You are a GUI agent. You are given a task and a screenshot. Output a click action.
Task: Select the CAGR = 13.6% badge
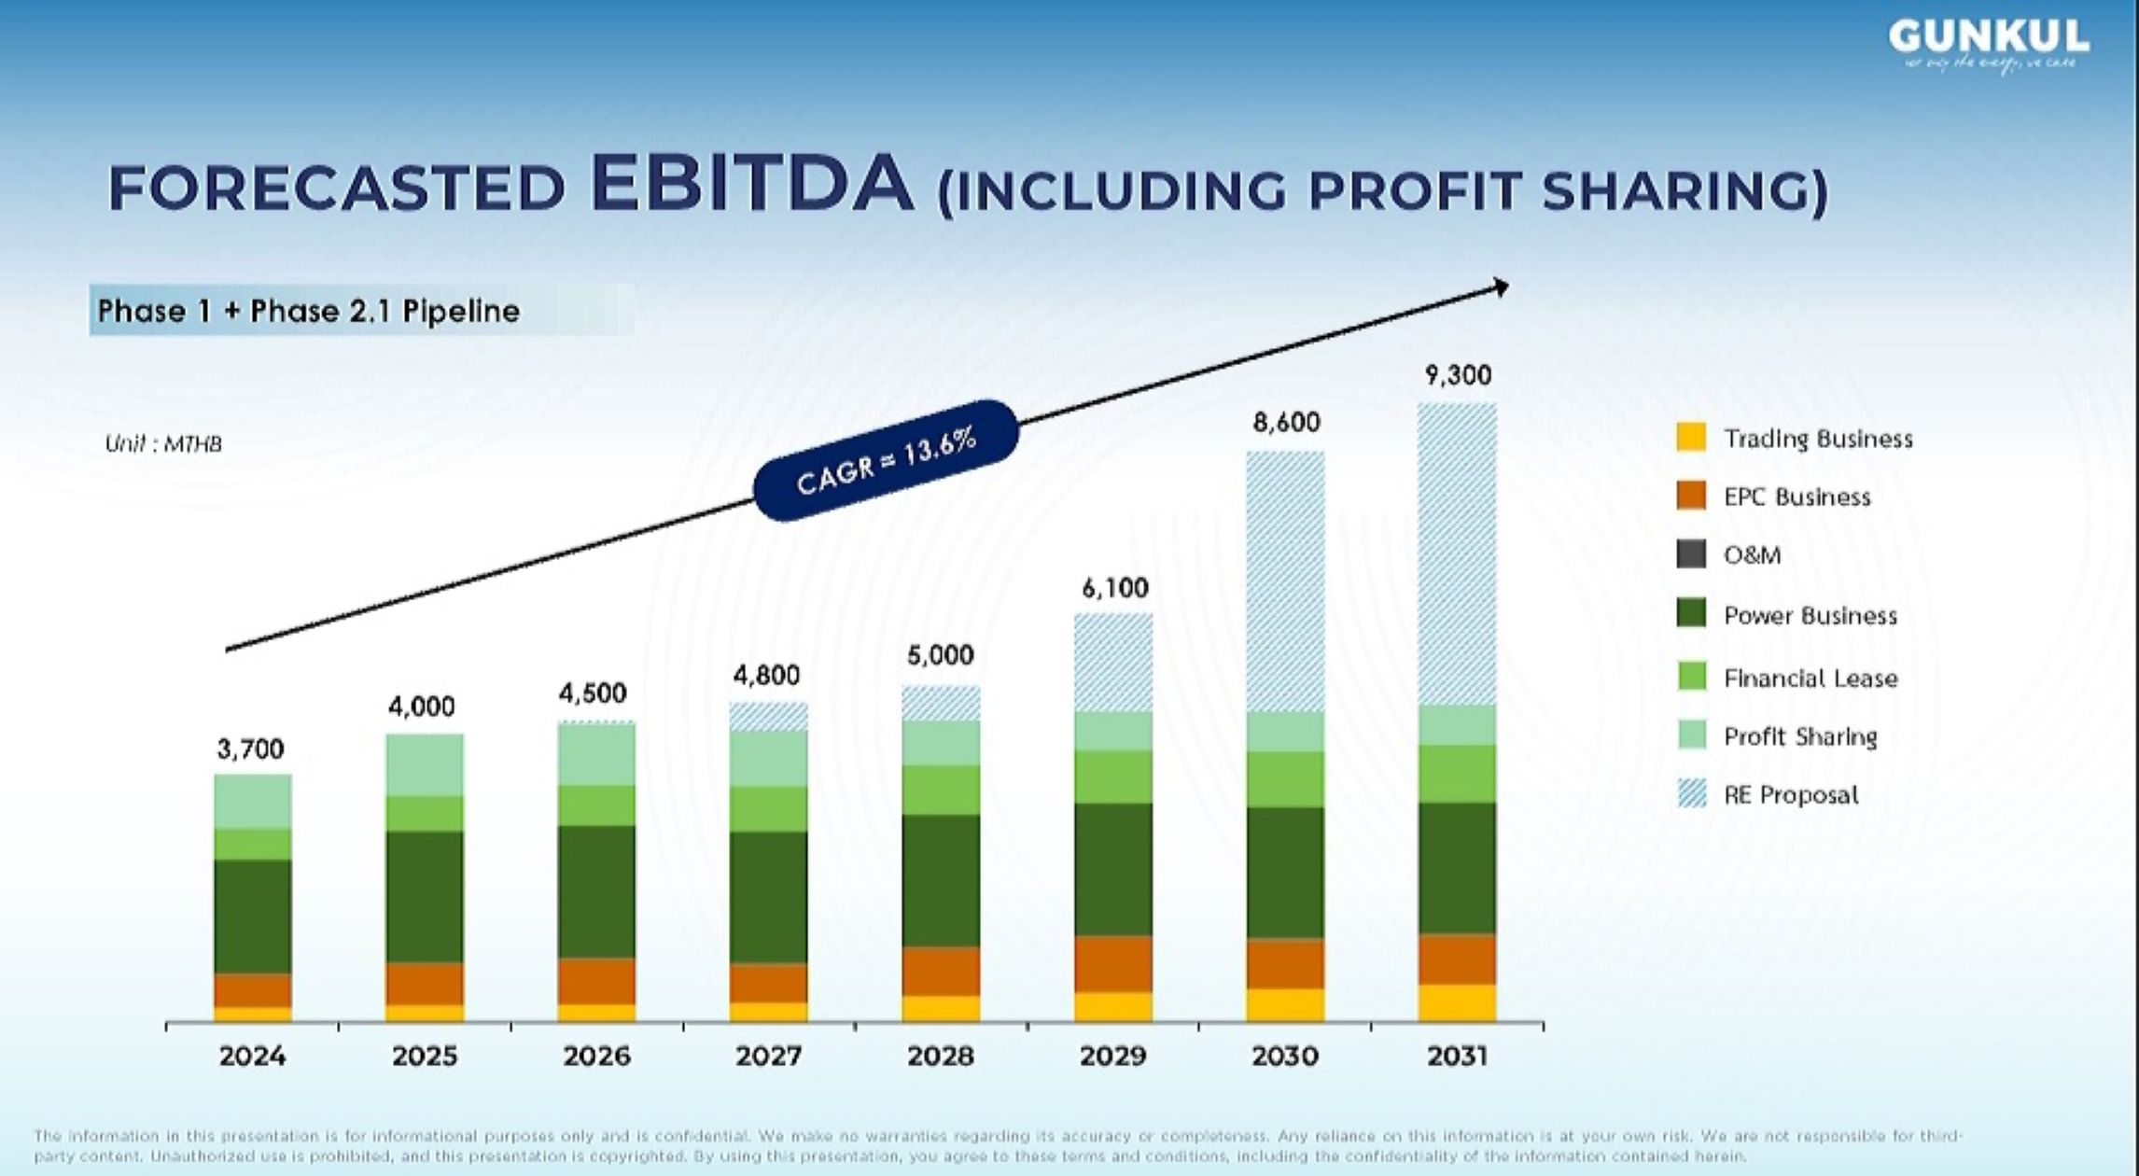[x=886, y=459]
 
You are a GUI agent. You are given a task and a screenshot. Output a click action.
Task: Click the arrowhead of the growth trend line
[x=1501, y=287]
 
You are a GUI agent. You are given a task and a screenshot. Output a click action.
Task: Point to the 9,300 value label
[x=1458, y=375]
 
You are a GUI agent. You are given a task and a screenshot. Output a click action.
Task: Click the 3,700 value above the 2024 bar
[x=250, y=749]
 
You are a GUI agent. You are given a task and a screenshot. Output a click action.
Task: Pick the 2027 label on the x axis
[x=769, y=1057]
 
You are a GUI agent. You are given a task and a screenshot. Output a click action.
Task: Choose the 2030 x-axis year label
[x=1285, y=1057]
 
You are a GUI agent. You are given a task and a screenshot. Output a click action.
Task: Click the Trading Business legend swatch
[x=1691, y=438]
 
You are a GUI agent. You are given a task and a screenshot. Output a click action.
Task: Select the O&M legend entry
[x=1752, y=555]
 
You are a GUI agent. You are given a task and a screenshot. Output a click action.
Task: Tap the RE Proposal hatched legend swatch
[x=1691, y=794]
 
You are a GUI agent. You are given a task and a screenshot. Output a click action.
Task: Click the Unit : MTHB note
[x=163, y=444]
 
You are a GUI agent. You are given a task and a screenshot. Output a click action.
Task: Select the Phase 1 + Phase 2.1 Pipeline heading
[x=309, y=311]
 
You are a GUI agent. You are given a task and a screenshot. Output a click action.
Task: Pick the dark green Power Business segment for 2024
[x=253, y=917]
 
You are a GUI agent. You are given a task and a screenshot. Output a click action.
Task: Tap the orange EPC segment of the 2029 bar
[x=1113, y=963]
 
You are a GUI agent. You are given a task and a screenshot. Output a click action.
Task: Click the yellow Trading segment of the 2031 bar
[x=1457, y=1002]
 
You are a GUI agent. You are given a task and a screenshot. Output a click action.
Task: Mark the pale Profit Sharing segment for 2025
[x=425, y=764]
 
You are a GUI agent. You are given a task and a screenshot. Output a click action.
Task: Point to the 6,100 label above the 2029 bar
[x=1115, y=588]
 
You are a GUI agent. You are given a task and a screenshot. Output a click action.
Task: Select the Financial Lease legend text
[x=1810, y=679]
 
